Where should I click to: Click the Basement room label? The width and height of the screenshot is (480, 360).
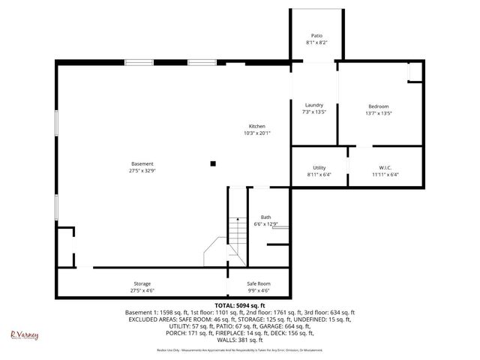click(142, 163)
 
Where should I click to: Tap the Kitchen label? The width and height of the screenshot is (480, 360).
click(257, 126)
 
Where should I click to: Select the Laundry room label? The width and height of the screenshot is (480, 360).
click(313, 104)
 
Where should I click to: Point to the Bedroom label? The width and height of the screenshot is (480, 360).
click(379, 106)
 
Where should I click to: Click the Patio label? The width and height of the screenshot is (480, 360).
click(316, 36)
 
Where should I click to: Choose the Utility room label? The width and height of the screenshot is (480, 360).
click(319, 167)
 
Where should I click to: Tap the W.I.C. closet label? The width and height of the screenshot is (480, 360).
click(385, 167)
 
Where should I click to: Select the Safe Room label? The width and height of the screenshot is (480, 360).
click(258, 283)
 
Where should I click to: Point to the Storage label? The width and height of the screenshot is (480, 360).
click(142, 283)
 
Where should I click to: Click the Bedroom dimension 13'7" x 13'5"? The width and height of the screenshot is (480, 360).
click(379, 113)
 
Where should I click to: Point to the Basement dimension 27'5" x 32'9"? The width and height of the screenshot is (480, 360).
click(142, 171)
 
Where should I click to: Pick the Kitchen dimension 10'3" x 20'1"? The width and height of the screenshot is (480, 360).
click(257, 133)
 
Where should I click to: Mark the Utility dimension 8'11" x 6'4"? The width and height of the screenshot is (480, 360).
click(319, 175)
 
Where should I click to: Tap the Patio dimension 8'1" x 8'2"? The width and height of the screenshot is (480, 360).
click(316, 43)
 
